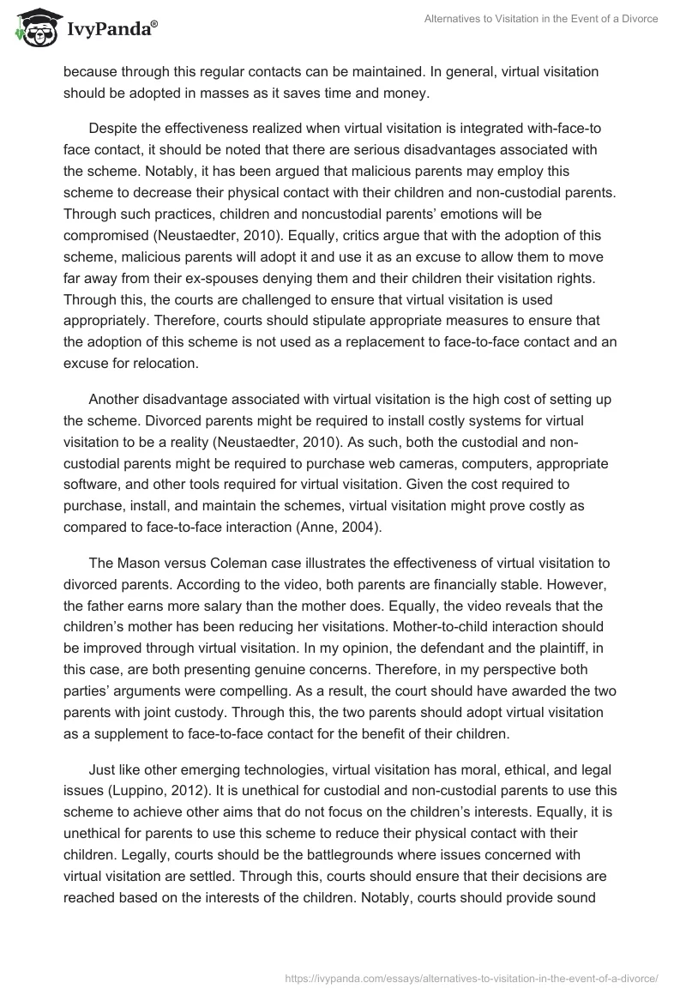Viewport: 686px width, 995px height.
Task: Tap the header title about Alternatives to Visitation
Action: (541, 20)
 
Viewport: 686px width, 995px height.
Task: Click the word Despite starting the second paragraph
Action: (113, 128)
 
